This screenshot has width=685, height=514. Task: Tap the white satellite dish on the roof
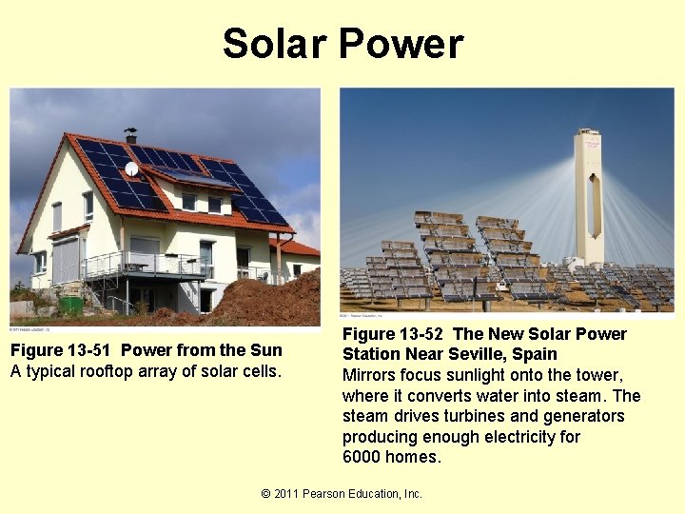132,169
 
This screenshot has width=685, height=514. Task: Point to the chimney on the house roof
130,134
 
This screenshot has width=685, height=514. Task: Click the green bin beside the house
71,306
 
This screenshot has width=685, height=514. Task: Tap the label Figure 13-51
62,350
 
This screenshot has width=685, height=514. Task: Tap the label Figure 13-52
393,334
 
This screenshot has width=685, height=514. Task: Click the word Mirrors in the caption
372,375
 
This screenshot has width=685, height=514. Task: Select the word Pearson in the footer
333,493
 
